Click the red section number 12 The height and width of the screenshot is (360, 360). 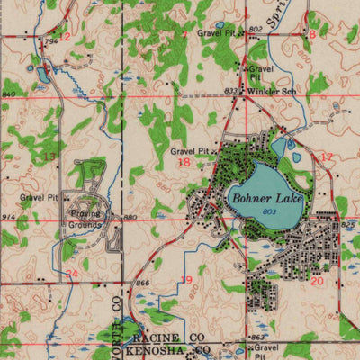pyautogui.click(x=64, y=36)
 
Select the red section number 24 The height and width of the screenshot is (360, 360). pyautogui.click(x=72, y=274)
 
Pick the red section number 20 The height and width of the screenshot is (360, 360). pyautogui.click(x=316, y=281)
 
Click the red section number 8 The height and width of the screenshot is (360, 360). pyautogui.click(x=312, y=33)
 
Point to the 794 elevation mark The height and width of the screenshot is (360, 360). pyautogui.click(x=51, y=41)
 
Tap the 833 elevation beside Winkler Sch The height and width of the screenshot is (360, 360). pyautogui.click(x=231, y=90)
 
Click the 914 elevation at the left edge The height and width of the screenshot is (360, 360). pyautogui.click(x=9, y=218)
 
